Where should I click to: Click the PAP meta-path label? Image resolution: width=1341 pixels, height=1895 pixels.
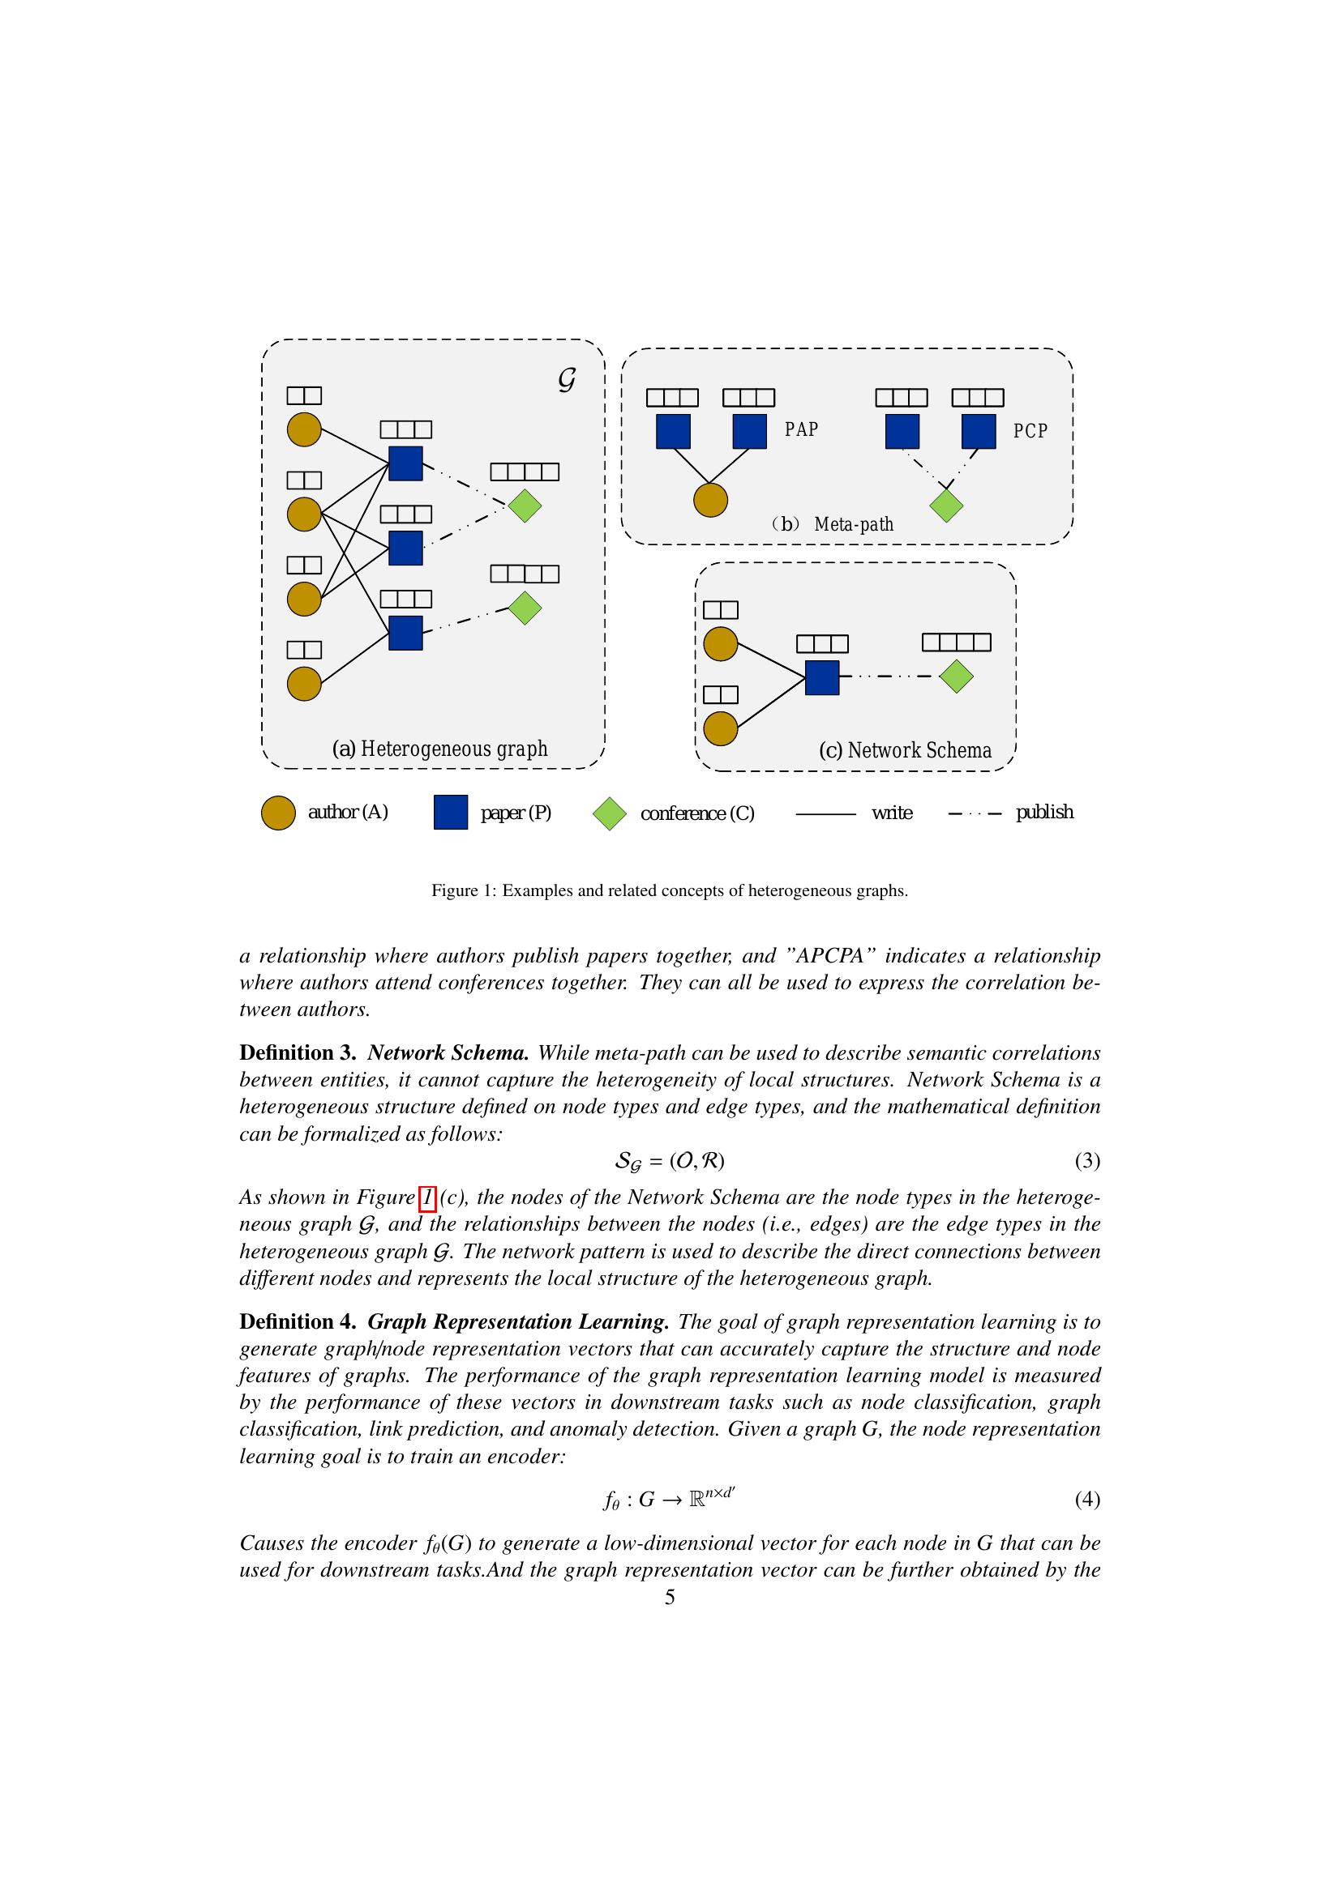coord(801,429)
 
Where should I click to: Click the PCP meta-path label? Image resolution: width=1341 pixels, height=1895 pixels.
coord(1030,431)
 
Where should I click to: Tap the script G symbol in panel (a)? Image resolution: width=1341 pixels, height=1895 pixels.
coord(567,380)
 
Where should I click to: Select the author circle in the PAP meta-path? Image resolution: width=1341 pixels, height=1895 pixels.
coord(710,500)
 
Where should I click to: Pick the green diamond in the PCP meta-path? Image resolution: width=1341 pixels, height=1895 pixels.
coord(946,505)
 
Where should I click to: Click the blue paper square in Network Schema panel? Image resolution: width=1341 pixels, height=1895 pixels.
coord(821,677)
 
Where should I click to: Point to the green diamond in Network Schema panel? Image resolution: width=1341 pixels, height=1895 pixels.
coord(956,676)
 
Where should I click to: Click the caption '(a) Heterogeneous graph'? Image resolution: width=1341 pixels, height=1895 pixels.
coord(439,749)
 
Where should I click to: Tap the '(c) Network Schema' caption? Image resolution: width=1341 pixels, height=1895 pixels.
coord(905,750)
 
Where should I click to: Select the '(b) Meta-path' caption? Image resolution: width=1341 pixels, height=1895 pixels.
coord(833,524)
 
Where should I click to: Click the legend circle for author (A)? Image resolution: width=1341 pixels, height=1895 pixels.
coord(278,813)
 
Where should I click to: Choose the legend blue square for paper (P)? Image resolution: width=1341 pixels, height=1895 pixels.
coord(451,813)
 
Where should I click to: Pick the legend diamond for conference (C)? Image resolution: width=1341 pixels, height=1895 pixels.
coord(610,813)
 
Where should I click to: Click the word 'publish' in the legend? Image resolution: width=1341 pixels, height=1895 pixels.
coord(1044,812)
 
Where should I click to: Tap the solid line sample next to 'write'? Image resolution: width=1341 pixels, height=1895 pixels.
coord(825,814)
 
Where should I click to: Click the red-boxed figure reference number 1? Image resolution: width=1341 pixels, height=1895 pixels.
coord(427,1197)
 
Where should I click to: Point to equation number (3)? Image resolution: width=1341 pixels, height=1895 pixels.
coord(1086,1161)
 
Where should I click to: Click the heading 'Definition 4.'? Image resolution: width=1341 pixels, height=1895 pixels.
coord(298,1322)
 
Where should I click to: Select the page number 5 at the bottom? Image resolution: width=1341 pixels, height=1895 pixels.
coord(670,1598)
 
